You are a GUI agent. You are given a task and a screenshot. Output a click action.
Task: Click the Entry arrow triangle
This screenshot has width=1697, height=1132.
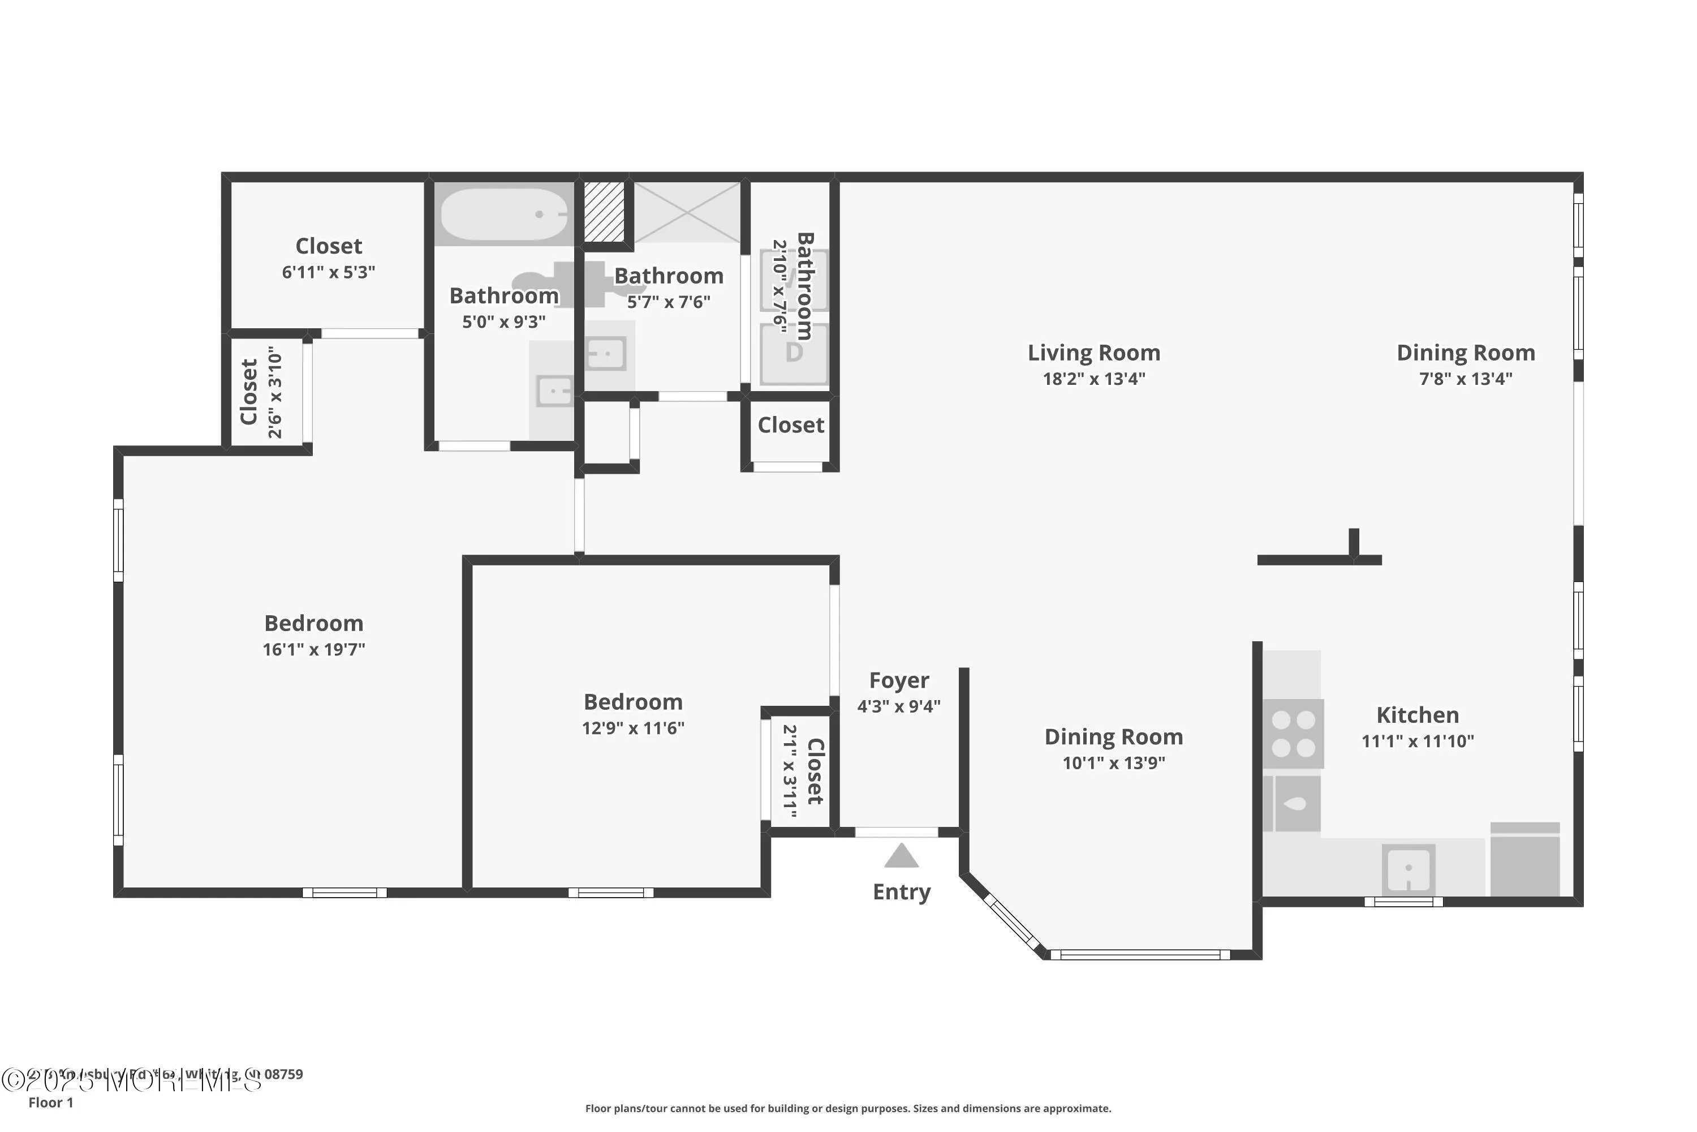(901, 857)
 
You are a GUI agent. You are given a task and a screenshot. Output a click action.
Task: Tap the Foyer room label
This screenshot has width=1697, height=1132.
(898, 680)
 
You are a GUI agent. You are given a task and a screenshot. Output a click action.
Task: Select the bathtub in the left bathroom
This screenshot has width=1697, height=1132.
(503, 215)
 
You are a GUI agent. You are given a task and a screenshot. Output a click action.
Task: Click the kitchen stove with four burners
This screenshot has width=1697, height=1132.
(1293, 733)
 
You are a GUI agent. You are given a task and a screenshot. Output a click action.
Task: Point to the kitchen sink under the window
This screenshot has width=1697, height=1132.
(1408, 868)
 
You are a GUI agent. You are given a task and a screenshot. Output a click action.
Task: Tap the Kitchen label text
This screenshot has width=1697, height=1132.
(1417, 715)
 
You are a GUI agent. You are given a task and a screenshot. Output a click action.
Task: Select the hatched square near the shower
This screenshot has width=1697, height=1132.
(604, 212)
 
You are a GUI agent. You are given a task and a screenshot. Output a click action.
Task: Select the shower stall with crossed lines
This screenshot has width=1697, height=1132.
(686, 212)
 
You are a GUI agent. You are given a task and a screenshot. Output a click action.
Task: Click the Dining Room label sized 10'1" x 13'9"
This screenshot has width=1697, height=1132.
(1113, 736)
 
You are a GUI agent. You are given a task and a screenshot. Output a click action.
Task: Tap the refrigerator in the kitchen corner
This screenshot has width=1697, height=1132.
(1524, 860)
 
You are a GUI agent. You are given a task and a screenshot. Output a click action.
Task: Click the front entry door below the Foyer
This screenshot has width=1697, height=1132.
(896, 833)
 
